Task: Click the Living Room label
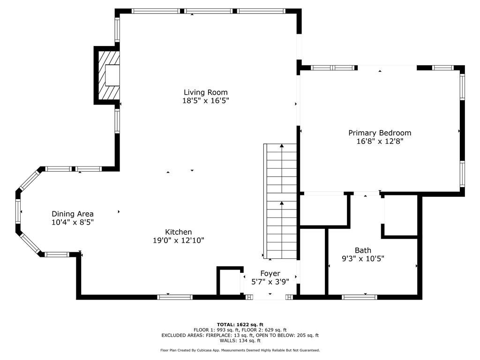tap(205, 92)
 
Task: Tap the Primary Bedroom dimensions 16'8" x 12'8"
tap(380, 141)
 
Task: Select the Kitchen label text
tap(178, 232)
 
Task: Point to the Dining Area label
tap(73, 214)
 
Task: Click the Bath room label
tap(363, 250)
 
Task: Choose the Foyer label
tap(270, 273)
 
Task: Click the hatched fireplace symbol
tap(108, 75)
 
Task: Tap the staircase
tap(282, 202)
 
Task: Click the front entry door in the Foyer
tap(270, 297)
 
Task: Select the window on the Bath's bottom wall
tap(360, 297)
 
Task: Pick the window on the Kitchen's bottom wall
tap(175, 297)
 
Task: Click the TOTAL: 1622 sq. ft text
tap(240, 324)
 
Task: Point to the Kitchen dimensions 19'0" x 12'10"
tap(178, 240)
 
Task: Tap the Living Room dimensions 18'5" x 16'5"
tap(205, 100)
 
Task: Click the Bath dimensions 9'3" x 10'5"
tap(363, 258)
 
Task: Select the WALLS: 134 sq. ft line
tap(240, 341)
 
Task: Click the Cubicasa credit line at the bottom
tap(240, 350)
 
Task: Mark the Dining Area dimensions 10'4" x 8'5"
tap(73, 222)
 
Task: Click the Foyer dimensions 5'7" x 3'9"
tap(270, 281)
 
